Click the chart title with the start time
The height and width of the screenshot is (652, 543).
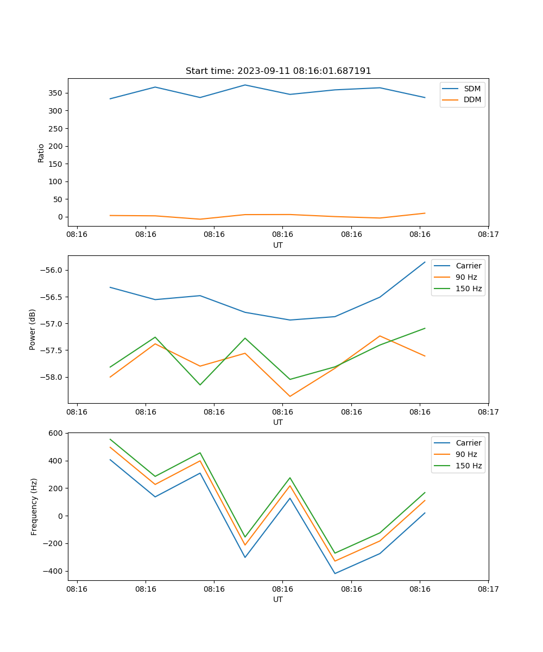(x=278, y=71)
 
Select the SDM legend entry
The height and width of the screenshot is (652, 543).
(x=472, y=89)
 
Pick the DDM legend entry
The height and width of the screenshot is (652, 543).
(x=472, y=99)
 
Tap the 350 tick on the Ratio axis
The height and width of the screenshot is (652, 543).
(x=56, y=93)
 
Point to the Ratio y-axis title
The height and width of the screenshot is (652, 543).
(x=41, y=153)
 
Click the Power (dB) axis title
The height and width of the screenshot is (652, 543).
(x=33, y=329)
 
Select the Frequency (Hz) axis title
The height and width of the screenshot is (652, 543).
(x=34, y=506)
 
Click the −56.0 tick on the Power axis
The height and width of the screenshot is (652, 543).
(x=53, y=271)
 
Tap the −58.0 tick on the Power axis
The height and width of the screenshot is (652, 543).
(x=53, y=377)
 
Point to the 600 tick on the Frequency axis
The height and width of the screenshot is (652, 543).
(x=57, y=433)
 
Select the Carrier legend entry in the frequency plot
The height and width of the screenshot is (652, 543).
(x=468, y=443)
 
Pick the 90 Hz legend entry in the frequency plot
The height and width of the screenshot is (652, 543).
(x=466, y=454)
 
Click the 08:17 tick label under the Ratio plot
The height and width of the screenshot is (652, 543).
(x=488, y=234)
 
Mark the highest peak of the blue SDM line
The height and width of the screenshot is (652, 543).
(x=245, y=85)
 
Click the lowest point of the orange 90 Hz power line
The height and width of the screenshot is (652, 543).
(x=290, y=396)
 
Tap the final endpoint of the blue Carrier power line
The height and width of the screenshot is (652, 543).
(x=425, y=262)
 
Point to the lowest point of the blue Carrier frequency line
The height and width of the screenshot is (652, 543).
(x=335, y=573)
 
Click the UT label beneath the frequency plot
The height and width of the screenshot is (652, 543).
(x=278, y=599)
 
